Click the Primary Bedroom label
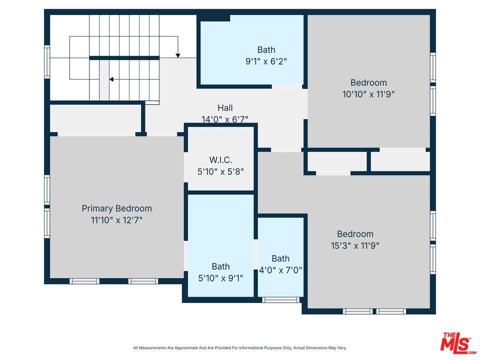pos(116,208)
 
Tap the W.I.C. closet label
pos(220,160)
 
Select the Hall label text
pos(225,108)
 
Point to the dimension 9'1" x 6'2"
pos(266,61)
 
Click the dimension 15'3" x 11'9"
pos(355,245)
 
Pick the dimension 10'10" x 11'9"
pos(368,94)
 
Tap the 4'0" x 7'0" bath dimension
pos(280,270)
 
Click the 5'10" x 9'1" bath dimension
pos(220,278)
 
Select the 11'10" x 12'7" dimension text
pos(116,220)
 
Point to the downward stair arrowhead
pos(178,55)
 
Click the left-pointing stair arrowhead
pos(111,79)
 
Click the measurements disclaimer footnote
pos(239,348)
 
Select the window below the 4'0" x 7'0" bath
pos(280,299)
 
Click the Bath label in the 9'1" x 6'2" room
pos(266,49)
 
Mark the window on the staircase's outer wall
pos(47,61)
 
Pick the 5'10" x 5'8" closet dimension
pos(220,171)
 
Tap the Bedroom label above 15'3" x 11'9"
pos(355,234)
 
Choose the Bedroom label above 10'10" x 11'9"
pos(368,82)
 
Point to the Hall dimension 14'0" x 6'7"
pos(225,119)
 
